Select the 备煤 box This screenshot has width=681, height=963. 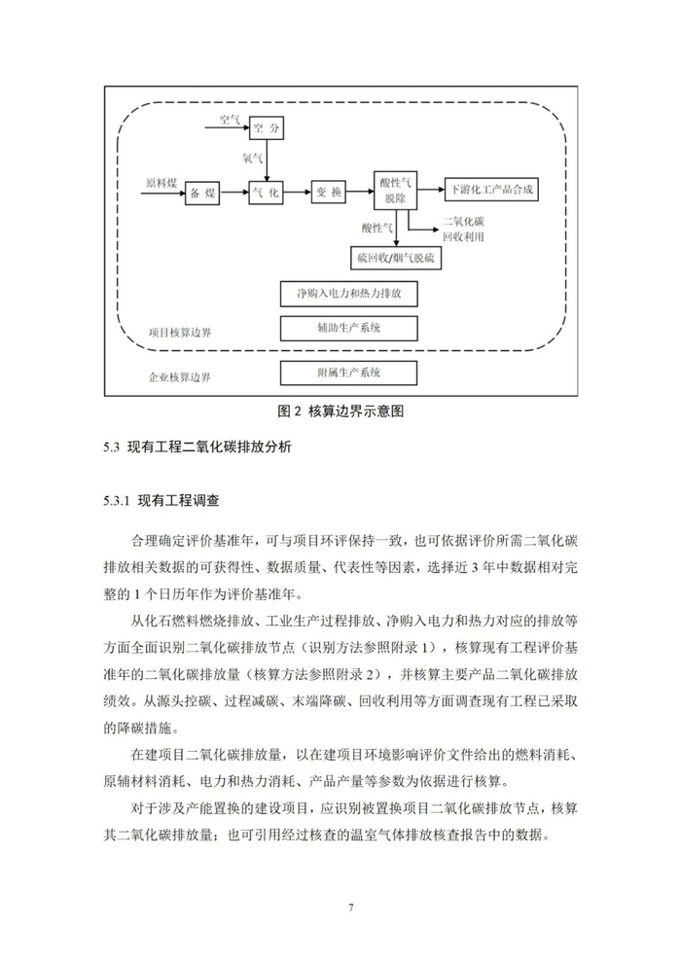[202, 193]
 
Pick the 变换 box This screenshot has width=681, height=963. [329, 193]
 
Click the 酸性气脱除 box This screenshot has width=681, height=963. [395, 189]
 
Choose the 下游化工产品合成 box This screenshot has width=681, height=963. [491, 187]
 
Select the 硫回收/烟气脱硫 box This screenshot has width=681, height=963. [395, 257]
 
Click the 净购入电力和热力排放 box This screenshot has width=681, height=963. [348, 292]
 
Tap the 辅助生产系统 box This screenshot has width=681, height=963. [348, 327]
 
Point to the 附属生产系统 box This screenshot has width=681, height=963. [348, 372]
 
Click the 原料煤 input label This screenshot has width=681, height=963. [161, 183]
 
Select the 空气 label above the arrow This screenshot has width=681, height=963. [230, 120]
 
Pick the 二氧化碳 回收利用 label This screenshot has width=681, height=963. [463, 229]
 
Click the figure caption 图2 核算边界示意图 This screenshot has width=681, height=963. [340, 410]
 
